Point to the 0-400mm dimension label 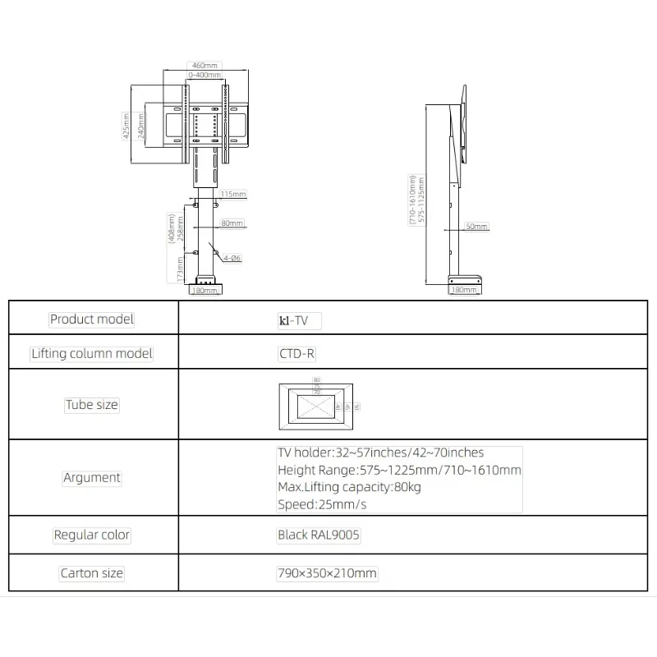pyautogui.click(x=204, y=75)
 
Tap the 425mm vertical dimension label pyautogui.click(x=126, y=126)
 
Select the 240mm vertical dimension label pyautogui.click(x=141, y=126)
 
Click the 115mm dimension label pyautogui.click(x=232, y=195)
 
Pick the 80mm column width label pyautogui.click(x=232, y=223)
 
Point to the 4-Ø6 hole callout pyautogui.click(x=231, y=258)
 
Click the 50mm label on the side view pyautogui.click(x=476, y=226)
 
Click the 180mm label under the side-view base pyautogui.click(x=464, y=290)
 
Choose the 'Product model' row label pyautogui.click(x=92, y=319)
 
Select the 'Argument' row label pyautogui.click(x=92, y=477)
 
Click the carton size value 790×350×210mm pyautogui.click(x=327, y=574)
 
